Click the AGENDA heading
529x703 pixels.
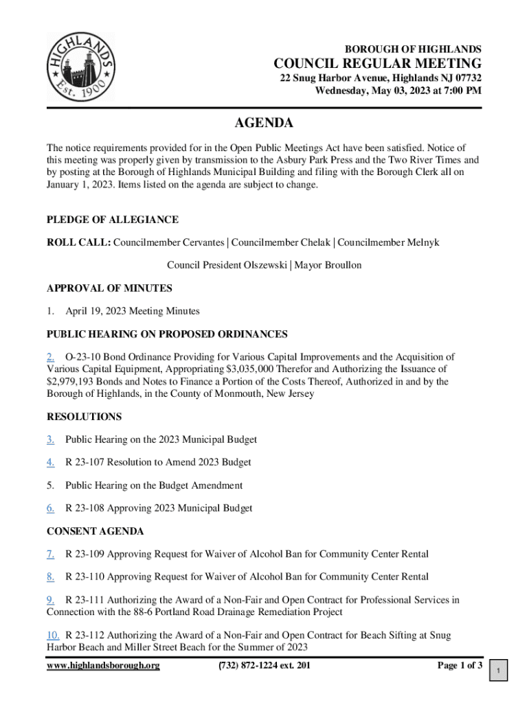[x=264, y=124]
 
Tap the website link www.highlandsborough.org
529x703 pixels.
[x=103, y=665]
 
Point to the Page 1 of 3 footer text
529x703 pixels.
[x=460, y=665]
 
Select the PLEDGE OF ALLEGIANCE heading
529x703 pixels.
[x=112, y=220]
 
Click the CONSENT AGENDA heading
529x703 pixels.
[x=95, y=531]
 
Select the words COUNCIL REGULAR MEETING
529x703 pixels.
[x=377, y=65]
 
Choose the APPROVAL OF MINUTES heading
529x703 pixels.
[x=109, y=288]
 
